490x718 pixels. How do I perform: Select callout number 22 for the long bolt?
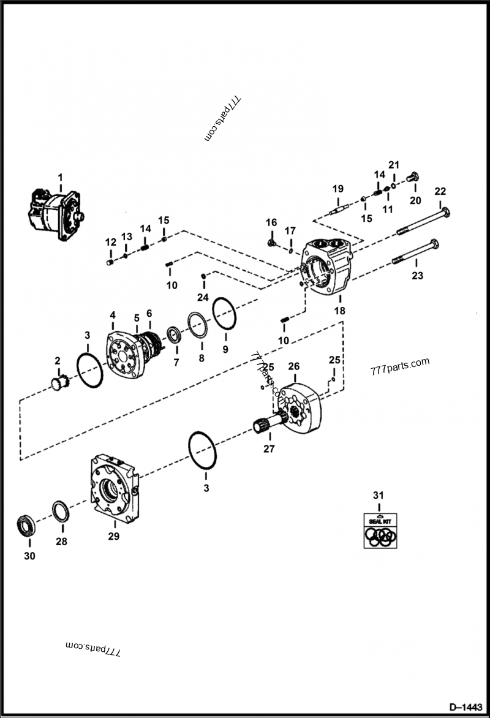(x=440, y=191)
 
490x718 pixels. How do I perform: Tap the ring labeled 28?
(x=61, y=511)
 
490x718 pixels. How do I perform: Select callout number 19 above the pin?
(x=336, y=189)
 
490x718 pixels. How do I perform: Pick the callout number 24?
(x=202, y=298)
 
